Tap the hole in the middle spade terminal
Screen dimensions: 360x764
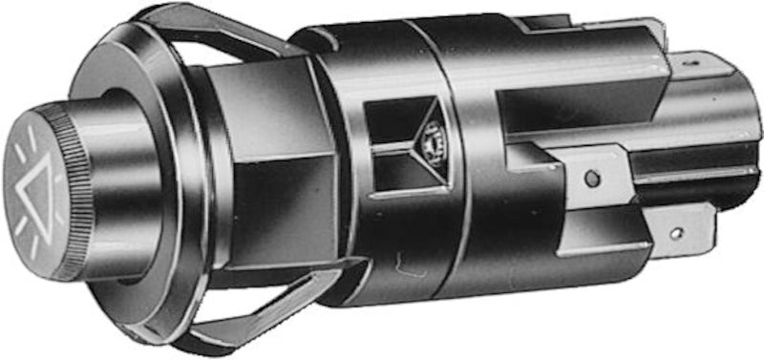(x=592, y=178)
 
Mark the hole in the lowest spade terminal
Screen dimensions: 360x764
(x=676, y=232)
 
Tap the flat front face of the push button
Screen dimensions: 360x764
(x=38, y=191)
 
